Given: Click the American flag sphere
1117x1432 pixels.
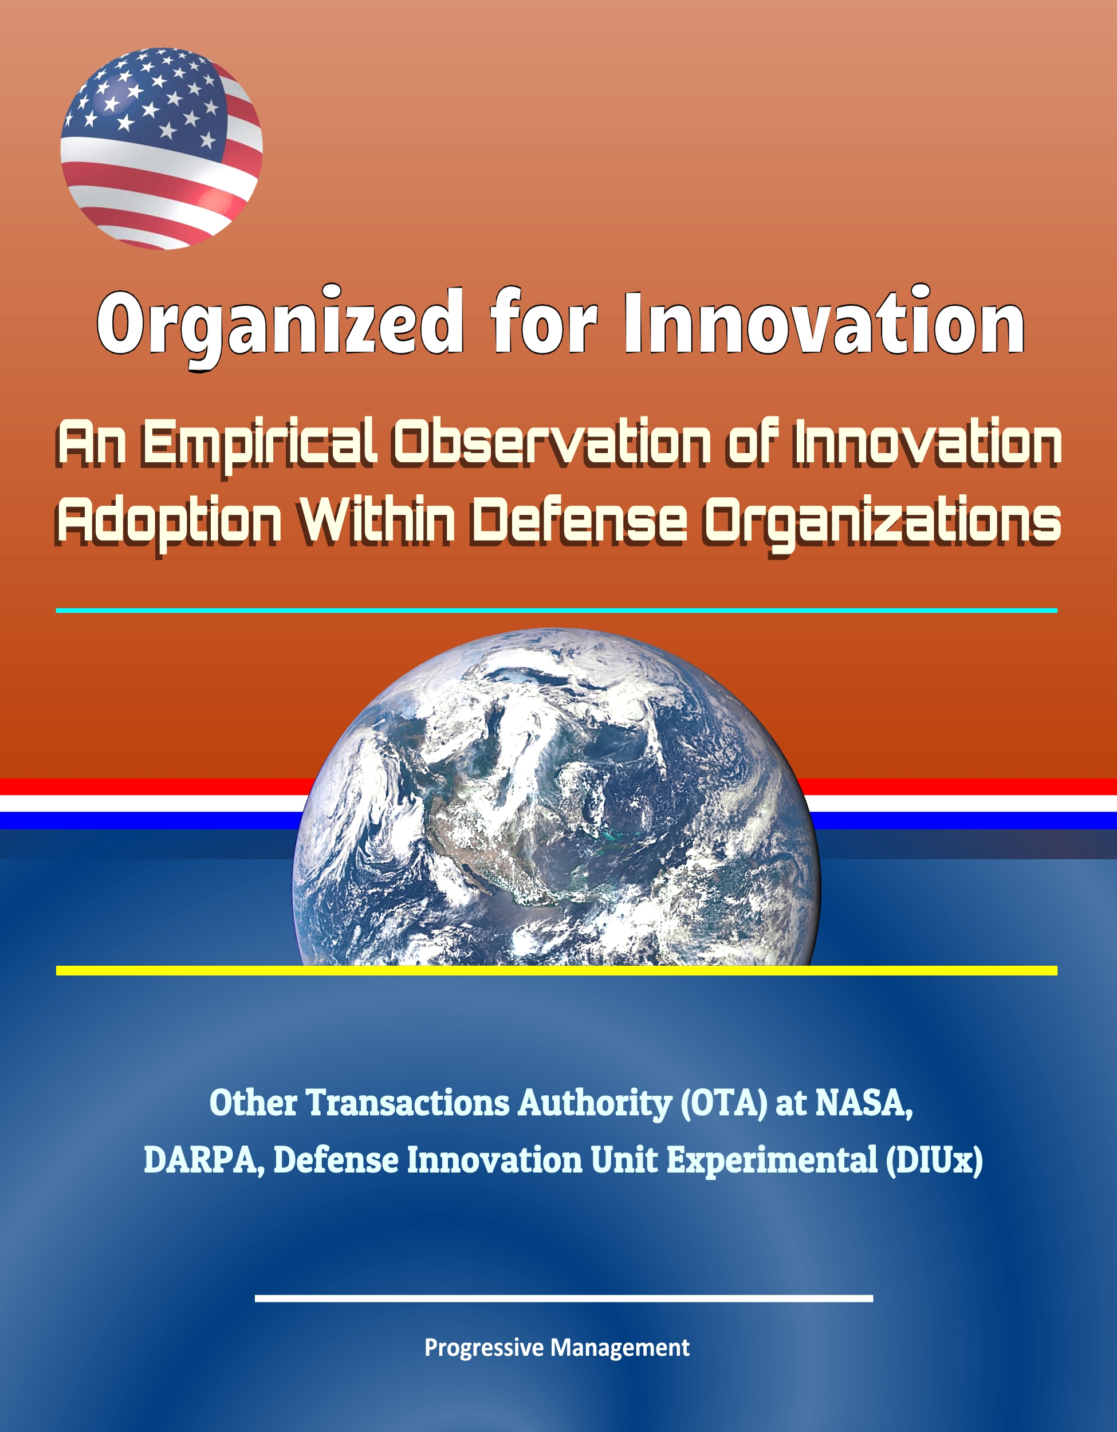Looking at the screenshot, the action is (162, 148).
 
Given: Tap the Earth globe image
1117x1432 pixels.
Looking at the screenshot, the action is (556, 797).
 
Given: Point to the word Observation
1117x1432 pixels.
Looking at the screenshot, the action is (552, 440).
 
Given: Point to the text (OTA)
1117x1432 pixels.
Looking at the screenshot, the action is (723, 1104).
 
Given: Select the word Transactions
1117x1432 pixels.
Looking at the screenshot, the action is (408, 1104).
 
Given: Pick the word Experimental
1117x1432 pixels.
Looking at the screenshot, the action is (772, 1162).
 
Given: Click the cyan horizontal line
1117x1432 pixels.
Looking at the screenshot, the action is (556, 611).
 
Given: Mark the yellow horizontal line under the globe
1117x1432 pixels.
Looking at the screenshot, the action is (556, 970).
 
